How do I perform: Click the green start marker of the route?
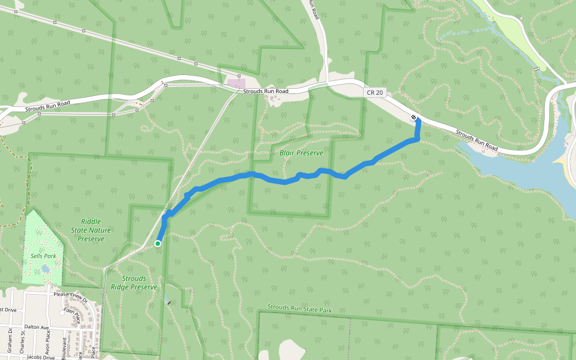click(x=158, y=243)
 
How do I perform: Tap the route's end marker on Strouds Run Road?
click(x=414, y=117)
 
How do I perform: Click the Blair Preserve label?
click(x=301, y=153)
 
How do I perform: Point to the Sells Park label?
click(x=43, y=256)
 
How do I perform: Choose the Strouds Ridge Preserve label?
click(x=135, y=283)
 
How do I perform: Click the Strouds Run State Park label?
click(x=299, y=308)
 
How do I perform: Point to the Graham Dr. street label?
click(x=10, y=340)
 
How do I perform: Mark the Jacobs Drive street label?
click(x=40, y=358)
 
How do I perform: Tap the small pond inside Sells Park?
click(x=46, y=269)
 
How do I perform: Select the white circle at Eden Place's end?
click(x=62, y=313)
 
